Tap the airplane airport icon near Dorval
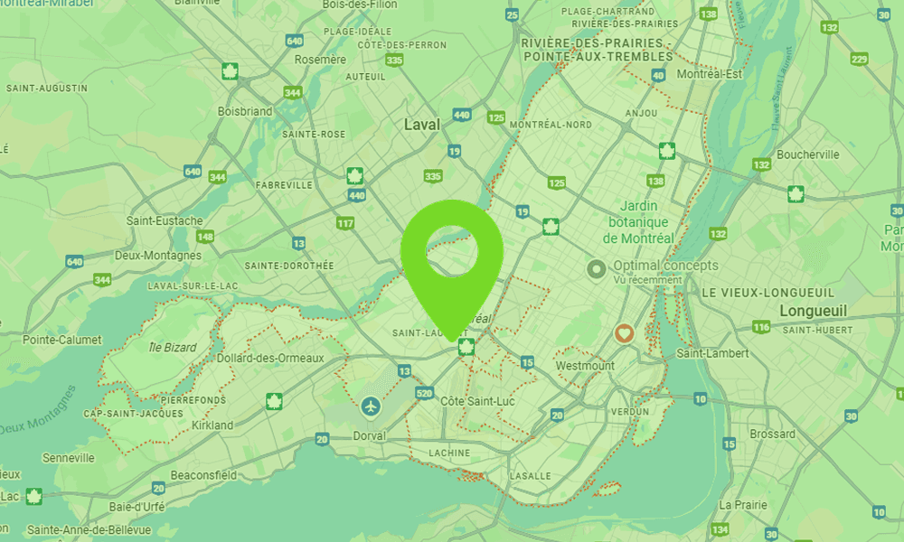(371, 406)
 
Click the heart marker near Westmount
(623, 333)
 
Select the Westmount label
(584, 366)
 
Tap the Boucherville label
(808, 154)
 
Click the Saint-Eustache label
(165, 220)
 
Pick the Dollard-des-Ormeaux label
(270, 359)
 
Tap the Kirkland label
(212, 425)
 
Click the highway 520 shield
(425, 394)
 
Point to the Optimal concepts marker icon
(597, 268)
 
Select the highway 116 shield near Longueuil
(761, 326)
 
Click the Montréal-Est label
(710, 74)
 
